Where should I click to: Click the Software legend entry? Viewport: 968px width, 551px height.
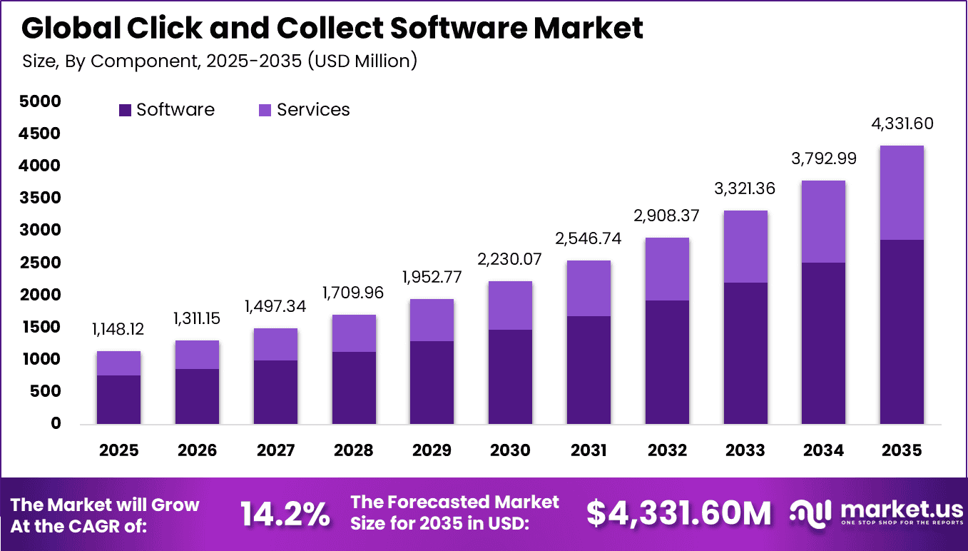pos(166,110)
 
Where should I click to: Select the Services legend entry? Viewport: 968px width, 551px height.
pos(305,110)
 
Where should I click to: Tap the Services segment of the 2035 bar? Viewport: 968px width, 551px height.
pos(902,193)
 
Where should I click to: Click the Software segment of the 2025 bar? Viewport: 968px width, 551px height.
pos(118,399)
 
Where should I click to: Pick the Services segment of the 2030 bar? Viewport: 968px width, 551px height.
pos(510,305)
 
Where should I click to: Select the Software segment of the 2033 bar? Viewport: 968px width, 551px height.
pos(745,353)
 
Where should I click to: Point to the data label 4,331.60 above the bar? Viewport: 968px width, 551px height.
pos(902,123)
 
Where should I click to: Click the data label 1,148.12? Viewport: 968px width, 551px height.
pos(118,330)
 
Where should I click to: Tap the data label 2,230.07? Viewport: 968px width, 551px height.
pos(510,260)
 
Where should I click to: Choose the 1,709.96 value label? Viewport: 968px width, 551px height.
pos(354,293)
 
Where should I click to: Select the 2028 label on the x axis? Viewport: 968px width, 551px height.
pos(354,450)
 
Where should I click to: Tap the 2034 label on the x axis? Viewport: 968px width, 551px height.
pos(824,450)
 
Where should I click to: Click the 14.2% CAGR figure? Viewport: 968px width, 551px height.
pos(285,513)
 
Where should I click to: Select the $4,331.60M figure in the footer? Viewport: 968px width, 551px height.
pos(678,513)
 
